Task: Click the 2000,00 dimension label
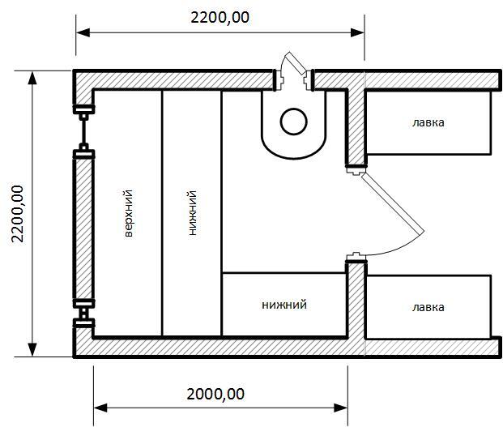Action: (215, 394)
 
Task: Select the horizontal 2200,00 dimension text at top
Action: (220, 17)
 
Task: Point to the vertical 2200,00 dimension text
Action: (17, 214)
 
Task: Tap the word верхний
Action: (128, 214)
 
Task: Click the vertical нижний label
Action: (193, 213)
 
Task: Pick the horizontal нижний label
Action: (284, 305)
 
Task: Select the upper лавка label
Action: (428, 122)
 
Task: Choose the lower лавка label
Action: (428, 307)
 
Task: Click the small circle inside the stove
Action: (293, 122)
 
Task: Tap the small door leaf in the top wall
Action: (295, 63)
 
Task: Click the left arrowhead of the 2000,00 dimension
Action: (100, 408)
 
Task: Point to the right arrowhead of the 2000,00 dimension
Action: (341, 408)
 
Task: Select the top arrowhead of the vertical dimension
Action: (32, 78)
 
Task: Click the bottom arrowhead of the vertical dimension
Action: (32, 350)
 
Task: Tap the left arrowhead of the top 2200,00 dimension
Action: (83, 32)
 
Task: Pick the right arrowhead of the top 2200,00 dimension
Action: (357, 32)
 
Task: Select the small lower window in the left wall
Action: (83, 313)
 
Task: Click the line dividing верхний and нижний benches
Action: (162, 213)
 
